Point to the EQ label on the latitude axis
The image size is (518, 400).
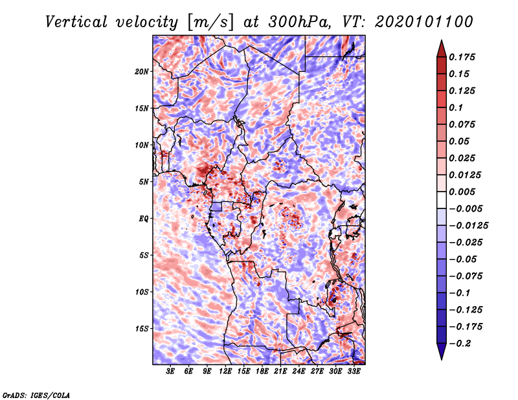pos(144,218)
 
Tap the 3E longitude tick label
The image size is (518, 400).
pos(170,372)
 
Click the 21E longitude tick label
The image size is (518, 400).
pos(280,372)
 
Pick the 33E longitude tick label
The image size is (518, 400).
pos(354,372)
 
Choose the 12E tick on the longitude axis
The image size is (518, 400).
pos(225,372)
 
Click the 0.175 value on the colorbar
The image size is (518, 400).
pos(464,57)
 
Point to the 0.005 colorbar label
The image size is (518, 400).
pos(464,192)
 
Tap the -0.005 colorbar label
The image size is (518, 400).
pos(467,208)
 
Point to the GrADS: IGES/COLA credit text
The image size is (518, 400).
pos(36,394)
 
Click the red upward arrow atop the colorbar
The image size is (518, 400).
pos(441,48)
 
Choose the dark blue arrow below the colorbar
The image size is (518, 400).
pos(441,351)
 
